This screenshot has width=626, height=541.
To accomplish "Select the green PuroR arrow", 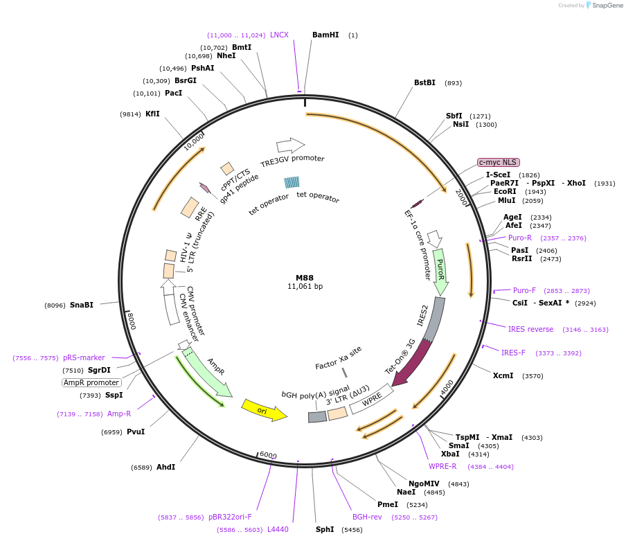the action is [x=440, y=272].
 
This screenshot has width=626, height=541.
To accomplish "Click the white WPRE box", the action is [x=371, y=399].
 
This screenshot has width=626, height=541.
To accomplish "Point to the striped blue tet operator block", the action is [x=292, y=182].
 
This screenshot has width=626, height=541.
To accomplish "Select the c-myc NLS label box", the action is [x=499, y=163].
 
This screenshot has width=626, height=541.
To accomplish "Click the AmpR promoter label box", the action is [x=91, y=382].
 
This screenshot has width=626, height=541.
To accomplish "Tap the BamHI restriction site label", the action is [x=325, y=35].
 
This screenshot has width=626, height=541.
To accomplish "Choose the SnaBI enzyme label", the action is [x=82, y=305].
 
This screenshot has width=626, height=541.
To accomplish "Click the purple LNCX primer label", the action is [x=279, y=35].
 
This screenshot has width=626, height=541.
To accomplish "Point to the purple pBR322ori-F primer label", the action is [x=230, y=517].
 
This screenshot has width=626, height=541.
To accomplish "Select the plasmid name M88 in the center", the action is [x=305, y=278].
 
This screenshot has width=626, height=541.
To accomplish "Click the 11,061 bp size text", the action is [x=305, y=286].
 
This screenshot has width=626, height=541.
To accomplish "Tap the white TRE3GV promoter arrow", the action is [x=291, y=145].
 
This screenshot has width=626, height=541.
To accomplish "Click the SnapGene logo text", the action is [x=607, y=5].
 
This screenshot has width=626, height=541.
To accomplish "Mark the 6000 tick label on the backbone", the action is [x=268, y=455].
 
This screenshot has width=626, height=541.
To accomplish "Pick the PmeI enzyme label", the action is [x=388, y=505].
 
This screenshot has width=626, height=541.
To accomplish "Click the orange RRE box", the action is [x=190, y=207].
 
